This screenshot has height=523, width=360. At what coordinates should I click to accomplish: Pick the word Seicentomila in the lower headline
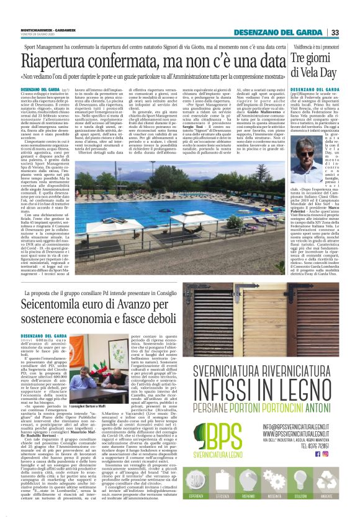(62, 316)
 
